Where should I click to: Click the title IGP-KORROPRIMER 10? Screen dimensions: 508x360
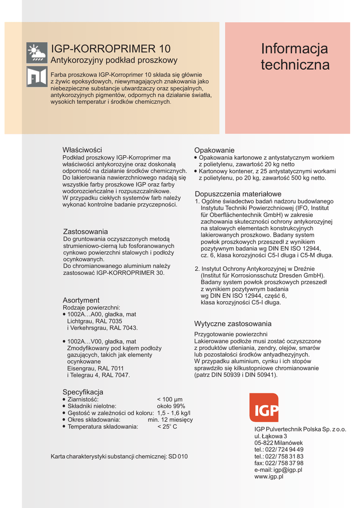[111, 49]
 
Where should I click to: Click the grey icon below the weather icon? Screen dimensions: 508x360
[37, 76]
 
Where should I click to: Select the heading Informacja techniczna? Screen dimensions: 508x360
[295, 57]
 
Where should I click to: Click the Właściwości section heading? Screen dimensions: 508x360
[82, 150]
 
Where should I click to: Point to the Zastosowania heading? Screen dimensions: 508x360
[85, 232]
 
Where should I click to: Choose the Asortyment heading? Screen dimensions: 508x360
[81, 300]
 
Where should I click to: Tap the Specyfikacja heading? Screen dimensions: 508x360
[83, 392]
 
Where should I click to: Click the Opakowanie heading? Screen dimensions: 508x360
[214, 150]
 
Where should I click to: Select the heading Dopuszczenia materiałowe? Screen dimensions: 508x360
[238, 194]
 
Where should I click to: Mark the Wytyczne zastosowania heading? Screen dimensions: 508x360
[233, 324]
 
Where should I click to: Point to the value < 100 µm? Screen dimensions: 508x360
[170, 399]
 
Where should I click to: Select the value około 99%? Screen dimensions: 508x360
[171, 406]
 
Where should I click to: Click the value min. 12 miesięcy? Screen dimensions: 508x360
[170, 420]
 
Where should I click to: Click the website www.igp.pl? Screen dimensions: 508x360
[269, 477]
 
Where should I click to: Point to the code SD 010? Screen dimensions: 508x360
[178, 456]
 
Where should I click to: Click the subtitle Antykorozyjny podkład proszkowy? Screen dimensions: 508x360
[114, 61]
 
